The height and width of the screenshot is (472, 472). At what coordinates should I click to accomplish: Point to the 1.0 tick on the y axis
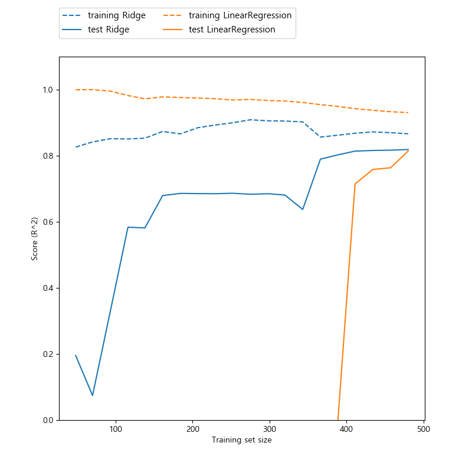pyautogui.click(x=48, y=90)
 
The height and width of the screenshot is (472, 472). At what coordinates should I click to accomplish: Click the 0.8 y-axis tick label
pyautogui.click(x=48, y=156)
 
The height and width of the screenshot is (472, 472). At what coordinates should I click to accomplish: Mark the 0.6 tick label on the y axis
pyautogui.click(x=48, y=222)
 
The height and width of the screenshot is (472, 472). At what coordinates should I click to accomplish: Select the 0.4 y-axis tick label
pyautogui.click(x=48, y=288)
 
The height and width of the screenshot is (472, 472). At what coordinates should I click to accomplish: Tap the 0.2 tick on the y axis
pyautogui.click(x=48, y=354)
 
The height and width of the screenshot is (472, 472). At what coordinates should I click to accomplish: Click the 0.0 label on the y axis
pyautogui.click(x=48, y=420)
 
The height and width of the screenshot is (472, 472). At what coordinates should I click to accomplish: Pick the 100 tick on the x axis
pyautogui.click(x=116, y=430)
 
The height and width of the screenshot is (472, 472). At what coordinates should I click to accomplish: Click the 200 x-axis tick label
pyautogui.click(x=193, y=430)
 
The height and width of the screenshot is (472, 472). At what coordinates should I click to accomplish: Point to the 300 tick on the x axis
pyautogui.click(x=270, y=430)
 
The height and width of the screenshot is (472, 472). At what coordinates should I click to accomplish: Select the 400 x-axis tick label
pyautogui.click(x=346, y=430)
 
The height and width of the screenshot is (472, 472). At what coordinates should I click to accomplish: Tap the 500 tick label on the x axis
pyautogui.click(x=423, y=430)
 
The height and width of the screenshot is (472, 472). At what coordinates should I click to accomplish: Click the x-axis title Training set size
pyautogui.click(x=242, y=440)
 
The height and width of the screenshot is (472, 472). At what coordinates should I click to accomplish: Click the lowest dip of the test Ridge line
pyautogui.click(x=93, y=395)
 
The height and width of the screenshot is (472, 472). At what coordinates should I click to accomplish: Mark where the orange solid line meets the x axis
pyautogui.click(x=338, y=419)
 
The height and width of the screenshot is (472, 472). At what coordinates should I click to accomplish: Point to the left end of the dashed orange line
pyautogui.click(x=76, y=90)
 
